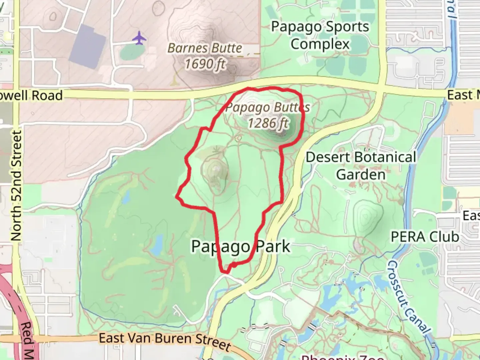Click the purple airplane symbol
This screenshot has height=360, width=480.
tap(139, 38)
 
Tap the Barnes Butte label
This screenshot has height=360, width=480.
tap(205, 48)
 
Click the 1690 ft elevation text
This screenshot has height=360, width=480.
tap(205, 63)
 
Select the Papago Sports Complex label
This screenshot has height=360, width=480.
tap(320, 35)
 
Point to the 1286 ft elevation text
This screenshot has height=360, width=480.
tap(268, 123)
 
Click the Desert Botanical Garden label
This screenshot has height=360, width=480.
tap(361, 166)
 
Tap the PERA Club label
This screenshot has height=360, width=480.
tap(425, 237)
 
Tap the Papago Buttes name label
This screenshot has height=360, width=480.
tap(267, 108)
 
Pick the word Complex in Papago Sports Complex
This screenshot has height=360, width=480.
tap(320, 44)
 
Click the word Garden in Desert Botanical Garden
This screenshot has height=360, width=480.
tap(361, 174)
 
